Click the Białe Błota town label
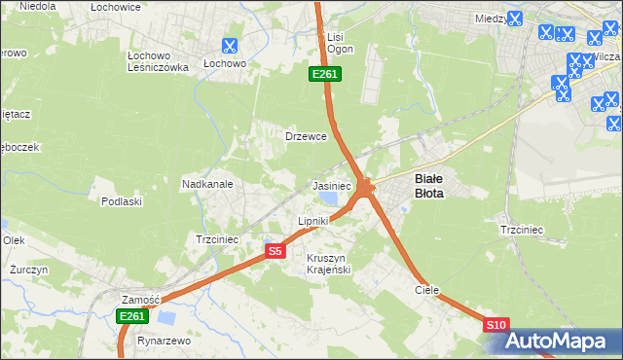[x=429, y=186]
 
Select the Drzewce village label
[x=305, y=136]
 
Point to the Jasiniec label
[x=331, y=185]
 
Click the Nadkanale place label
[x=205, y=182]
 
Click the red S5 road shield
[x=275, y=251]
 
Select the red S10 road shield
[x=495, y=325]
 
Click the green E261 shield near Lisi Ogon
[x=324, y=74]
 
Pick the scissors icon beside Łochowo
[x=229, y=45]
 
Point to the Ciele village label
[x=426, y=290]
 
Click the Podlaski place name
[x=122, y=201]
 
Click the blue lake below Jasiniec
[x=328, y=199]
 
